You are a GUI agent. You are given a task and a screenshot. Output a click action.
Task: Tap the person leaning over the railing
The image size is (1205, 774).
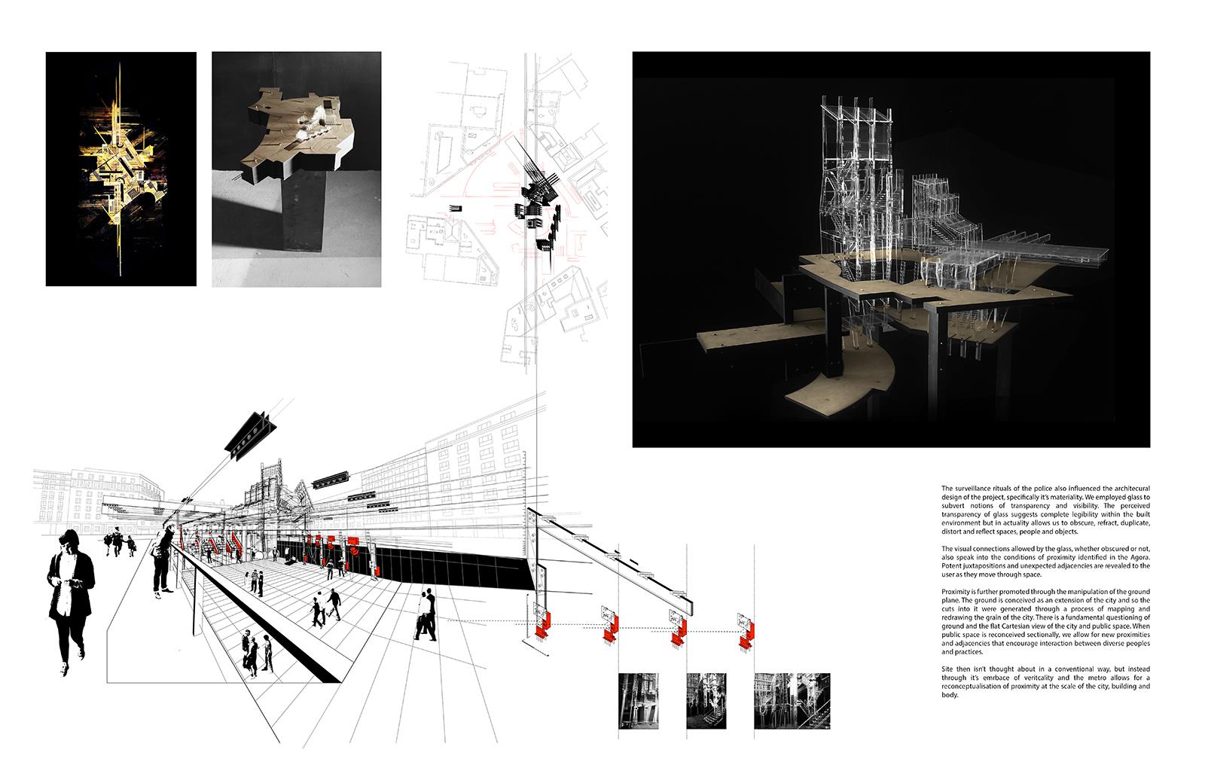163,560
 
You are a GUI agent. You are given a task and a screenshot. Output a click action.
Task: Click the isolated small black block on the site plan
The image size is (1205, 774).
455,208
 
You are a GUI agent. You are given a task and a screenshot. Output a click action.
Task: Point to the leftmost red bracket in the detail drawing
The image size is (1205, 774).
543,627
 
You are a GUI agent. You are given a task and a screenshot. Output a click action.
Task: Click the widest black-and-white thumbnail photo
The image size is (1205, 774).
792,701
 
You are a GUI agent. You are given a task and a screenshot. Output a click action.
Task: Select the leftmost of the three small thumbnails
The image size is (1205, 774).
638,701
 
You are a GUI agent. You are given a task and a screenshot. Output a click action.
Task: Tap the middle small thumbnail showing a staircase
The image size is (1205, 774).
706,701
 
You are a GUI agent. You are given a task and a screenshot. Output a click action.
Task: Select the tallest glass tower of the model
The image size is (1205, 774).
856,188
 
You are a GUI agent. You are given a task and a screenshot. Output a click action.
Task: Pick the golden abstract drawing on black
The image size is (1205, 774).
121,169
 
